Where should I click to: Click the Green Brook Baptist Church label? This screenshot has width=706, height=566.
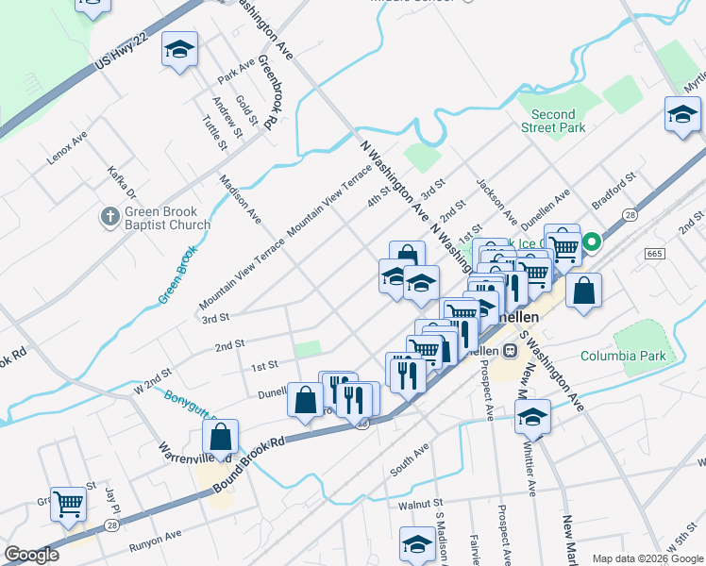point(168,219)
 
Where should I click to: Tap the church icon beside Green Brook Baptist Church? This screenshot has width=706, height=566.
point(110,218)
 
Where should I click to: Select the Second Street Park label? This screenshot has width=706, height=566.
point(552,121)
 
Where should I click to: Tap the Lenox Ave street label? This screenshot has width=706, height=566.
point(67,149)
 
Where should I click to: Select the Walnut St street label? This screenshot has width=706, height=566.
point(420,505)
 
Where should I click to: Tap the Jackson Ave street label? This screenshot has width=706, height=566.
point(496,200)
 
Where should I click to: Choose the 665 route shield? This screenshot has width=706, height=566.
point(654,255)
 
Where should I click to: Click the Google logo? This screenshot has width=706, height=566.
point(31,555)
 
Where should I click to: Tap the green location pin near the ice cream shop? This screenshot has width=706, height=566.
point(592,242)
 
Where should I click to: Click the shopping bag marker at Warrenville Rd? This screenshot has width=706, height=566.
point(220,437)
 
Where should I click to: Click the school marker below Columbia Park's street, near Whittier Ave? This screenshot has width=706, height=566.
point(533,416)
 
